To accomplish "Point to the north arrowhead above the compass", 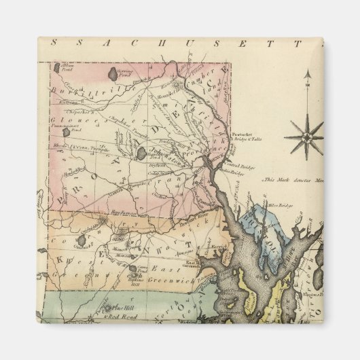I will (306, 74).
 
